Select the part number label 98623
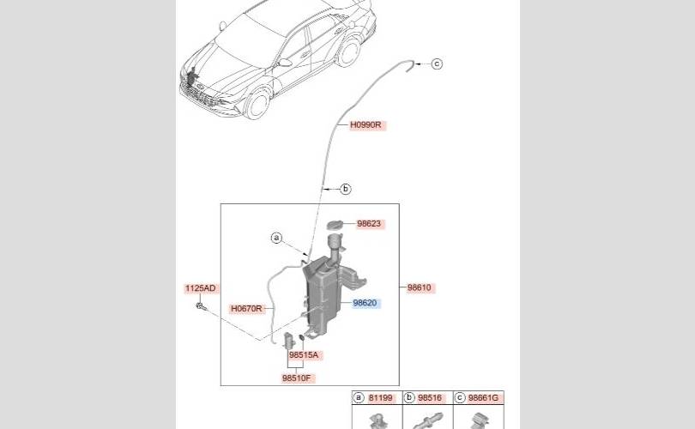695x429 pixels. coord(369,224)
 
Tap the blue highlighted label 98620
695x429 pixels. coord(365,303)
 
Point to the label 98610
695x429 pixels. coord(419,288)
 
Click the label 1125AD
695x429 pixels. coord(200,288)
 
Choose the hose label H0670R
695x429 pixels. coord(246,308)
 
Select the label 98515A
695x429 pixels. coord(304,354)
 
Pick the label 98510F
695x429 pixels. coord(299,378)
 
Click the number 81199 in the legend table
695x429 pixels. coord(381,398)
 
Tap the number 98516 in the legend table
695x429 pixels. coord(430,398)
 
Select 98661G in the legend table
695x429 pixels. coord(482,398)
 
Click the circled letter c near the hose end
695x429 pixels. coord(436,63)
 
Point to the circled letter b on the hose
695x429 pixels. coord(346,189)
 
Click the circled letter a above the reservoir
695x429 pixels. coord(276,238)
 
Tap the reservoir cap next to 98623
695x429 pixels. coord(335,224)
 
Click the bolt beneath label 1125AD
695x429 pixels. coord(199,306)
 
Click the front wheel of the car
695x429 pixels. coord(256,105)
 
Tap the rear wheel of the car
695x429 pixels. coord(347,51)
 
